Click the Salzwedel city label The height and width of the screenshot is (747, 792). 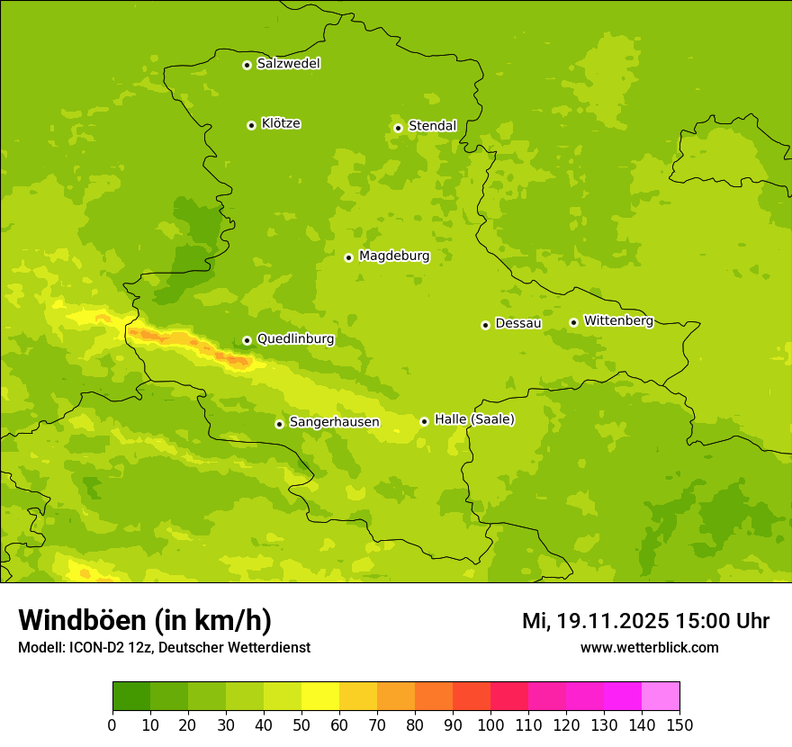[x=288, y=64]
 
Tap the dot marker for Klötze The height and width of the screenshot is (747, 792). [x=251, y=125]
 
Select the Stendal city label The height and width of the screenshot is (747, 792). [x=432, y=126]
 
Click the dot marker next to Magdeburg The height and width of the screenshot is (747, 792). [x=348, y=257]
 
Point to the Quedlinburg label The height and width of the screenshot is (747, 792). [x=295, y=339]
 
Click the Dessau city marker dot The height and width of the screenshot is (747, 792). [x=485, y=325]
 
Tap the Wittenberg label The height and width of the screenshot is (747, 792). [x=618, y=320]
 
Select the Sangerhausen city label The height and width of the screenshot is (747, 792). [x=334, y=422]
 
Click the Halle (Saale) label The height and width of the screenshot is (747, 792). [x=474, y=419]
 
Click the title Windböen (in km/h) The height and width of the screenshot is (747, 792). [x=145, y=620]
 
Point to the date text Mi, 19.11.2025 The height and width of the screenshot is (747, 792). [x=595, y=621]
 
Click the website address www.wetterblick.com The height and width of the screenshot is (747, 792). [x=649, y=647]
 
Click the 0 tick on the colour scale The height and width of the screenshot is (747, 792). [x=112, y=724]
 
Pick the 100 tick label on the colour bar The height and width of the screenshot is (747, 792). [x=490, y=724]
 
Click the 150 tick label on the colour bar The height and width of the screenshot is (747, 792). [x=679, y=724]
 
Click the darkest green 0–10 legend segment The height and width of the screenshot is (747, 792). [x=131, y=697]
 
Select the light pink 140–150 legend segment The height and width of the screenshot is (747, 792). [x=661, y=697]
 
